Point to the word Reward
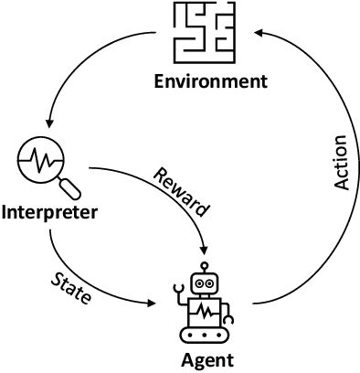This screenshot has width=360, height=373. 181,192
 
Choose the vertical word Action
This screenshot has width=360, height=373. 341,164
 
